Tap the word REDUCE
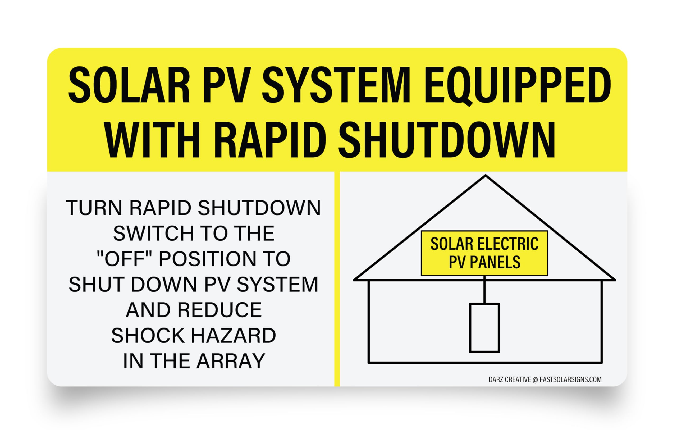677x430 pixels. coord(219,310)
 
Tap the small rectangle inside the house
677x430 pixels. coord(484,328)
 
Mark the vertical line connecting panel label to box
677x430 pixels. coord(484,290)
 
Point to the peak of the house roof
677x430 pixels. coord(486,176)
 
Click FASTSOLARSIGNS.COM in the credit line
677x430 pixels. coord(571,380)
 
